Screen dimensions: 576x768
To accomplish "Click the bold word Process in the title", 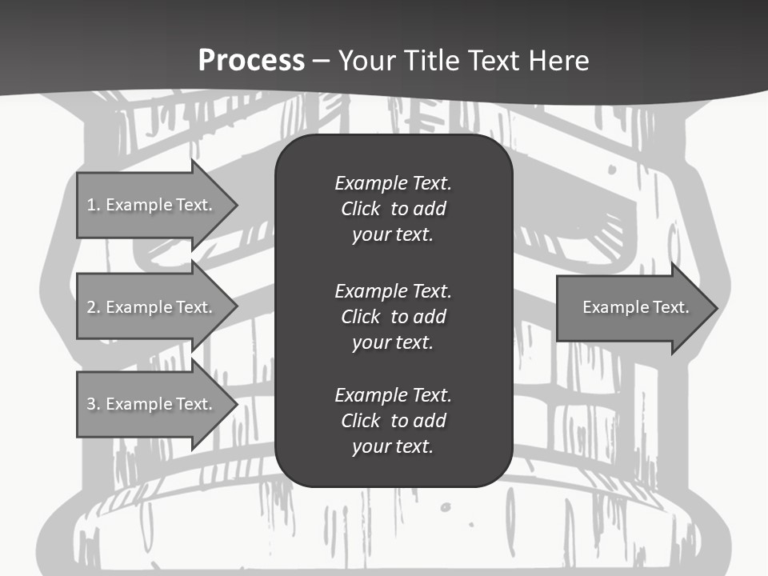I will [251, 61].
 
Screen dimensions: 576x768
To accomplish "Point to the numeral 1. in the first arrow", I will [93, 205].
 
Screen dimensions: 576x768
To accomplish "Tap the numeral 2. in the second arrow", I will [93, 307].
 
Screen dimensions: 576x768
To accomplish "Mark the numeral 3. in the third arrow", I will [93, 404].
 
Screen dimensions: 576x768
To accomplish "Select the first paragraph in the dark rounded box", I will [393, 209].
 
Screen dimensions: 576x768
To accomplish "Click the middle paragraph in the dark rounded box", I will [393, 316].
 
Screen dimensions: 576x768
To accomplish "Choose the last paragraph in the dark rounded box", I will [393, 421].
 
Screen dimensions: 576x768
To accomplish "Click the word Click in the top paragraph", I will [360, 209].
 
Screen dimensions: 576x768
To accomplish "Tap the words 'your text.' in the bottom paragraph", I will [393, 446].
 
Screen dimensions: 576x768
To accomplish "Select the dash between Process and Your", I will [321, 61].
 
